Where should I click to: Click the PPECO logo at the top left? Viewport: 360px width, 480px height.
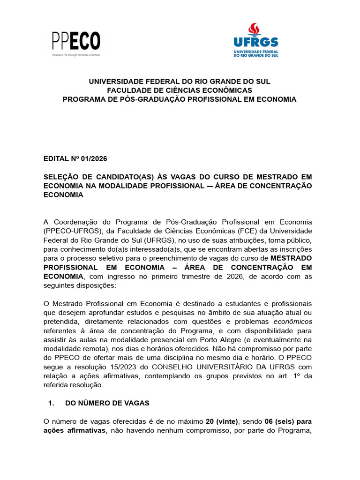76,42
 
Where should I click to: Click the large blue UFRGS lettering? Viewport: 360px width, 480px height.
256,42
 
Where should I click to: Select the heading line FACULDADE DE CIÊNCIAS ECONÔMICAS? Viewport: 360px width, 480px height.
180,90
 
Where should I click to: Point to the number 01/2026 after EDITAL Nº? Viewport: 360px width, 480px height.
94,158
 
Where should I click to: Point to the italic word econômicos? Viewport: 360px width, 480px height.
292,322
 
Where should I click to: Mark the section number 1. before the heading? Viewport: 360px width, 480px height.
52,403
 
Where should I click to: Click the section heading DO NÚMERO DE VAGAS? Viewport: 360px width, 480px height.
107,403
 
